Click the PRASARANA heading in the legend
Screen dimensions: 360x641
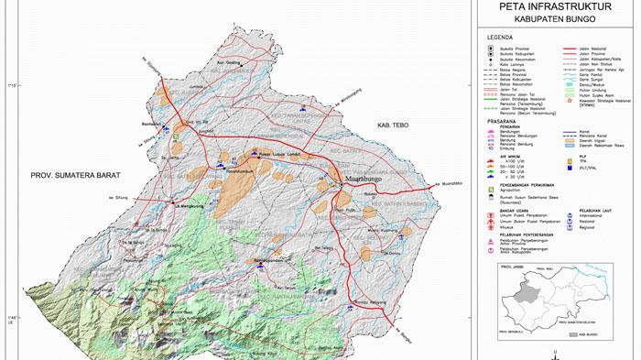[505, 119]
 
